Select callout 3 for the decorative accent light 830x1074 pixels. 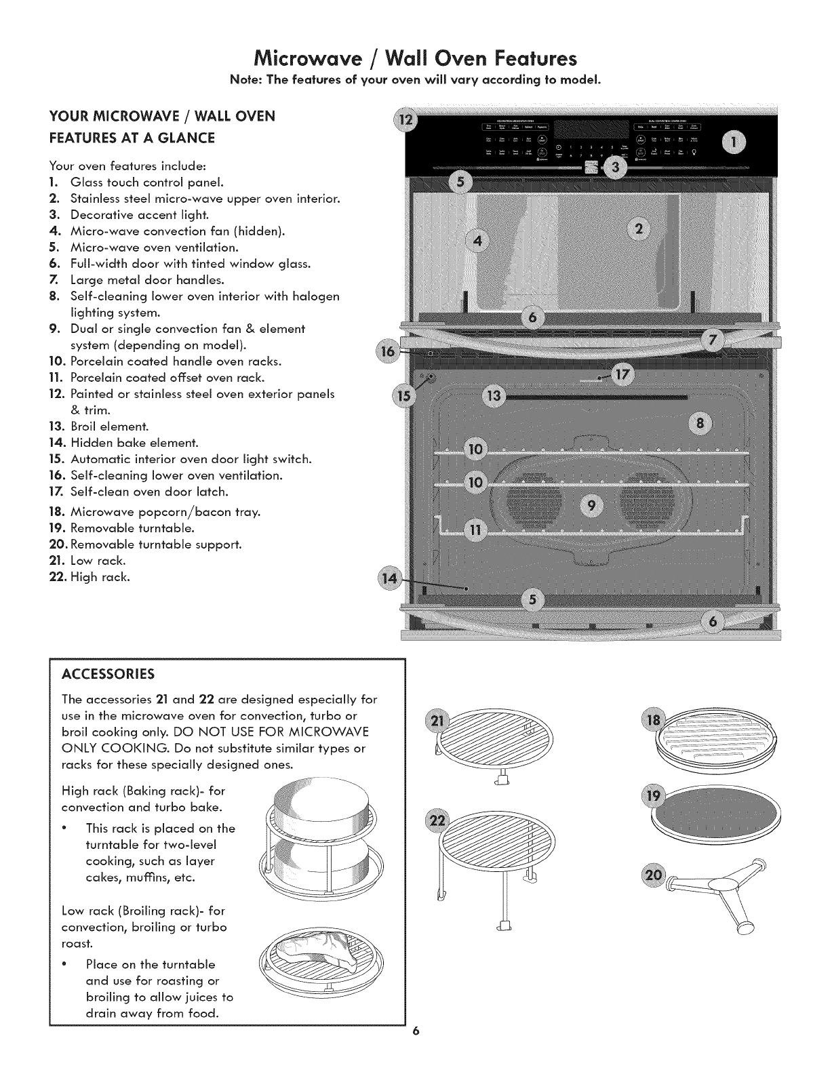click(x=615, y=168)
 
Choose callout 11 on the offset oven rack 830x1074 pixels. click(x=476, y=530)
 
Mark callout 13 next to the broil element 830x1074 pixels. click(x=494, y=397)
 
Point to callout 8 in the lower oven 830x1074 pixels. click(x=701, y=424)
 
